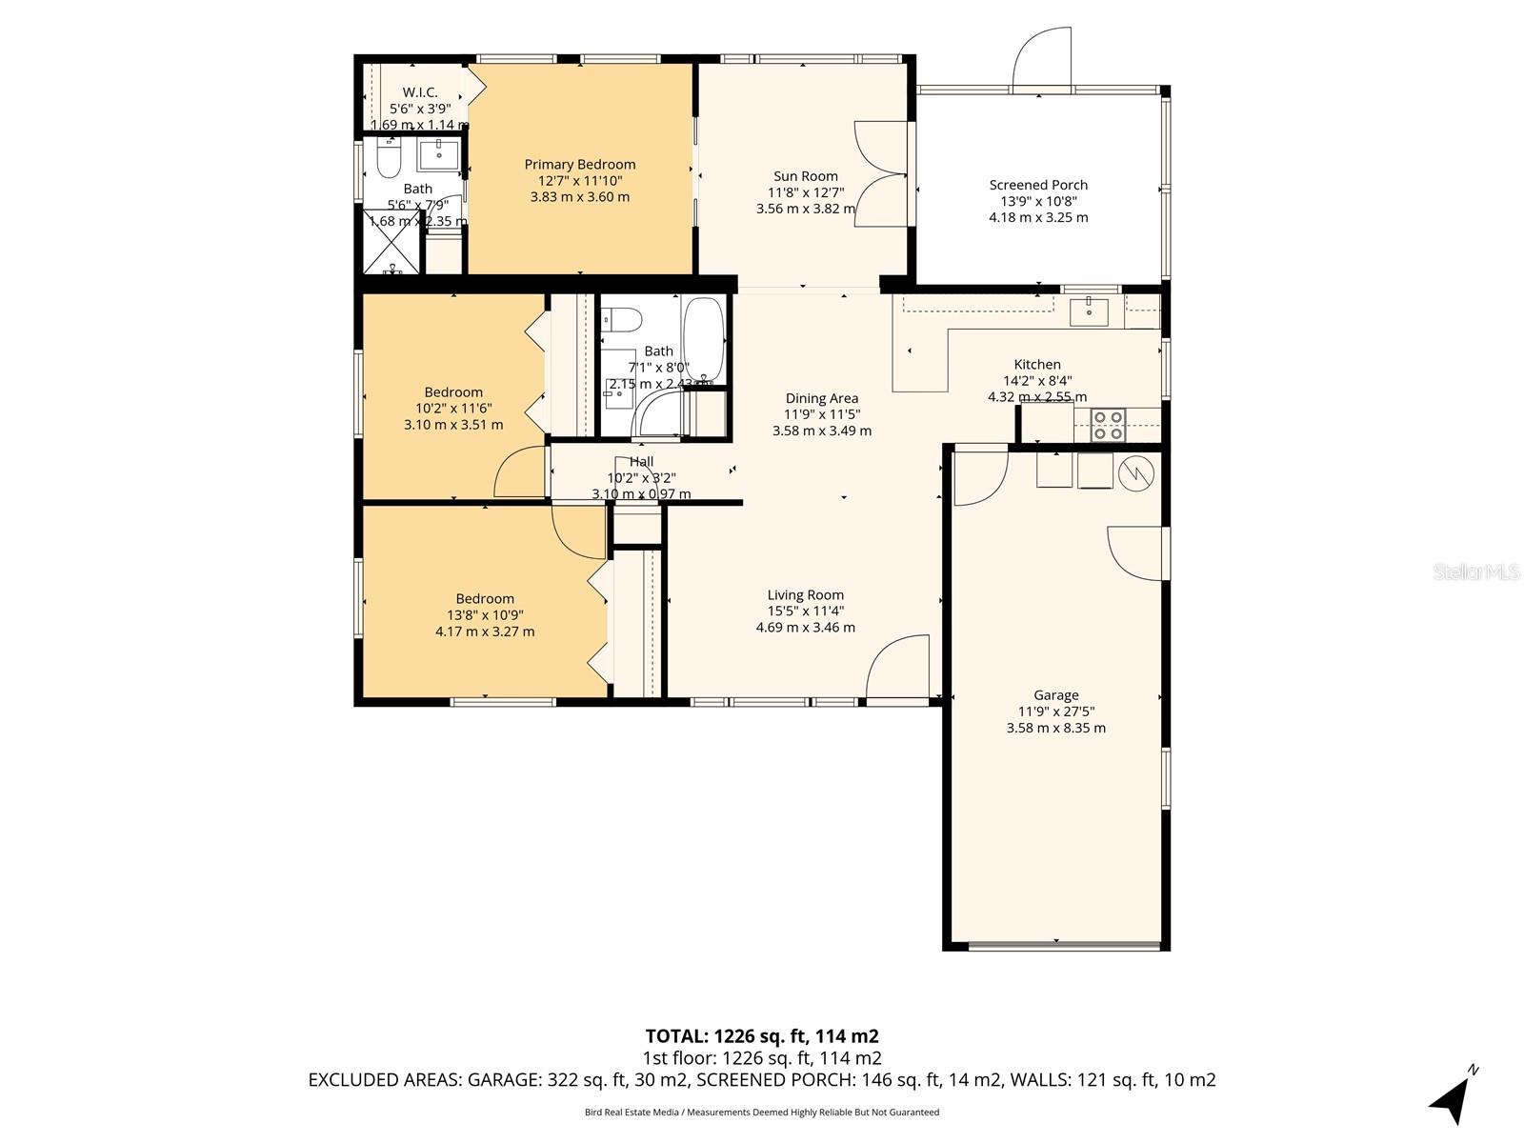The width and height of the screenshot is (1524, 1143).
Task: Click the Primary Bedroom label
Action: pos(579,165)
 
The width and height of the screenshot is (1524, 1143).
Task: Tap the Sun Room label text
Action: pos(805,176)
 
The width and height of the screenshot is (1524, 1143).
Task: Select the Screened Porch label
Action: pos(1038,185)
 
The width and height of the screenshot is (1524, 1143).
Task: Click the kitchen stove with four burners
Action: pos(1108,424)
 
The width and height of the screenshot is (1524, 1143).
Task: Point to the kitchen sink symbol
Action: pos(1088,311)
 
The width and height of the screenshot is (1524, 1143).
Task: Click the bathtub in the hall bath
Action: pos(704,339)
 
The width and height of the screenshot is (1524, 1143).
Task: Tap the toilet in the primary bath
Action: pos(388,161)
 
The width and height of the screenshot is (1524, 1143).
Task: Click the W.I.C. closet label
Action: pos(419,92)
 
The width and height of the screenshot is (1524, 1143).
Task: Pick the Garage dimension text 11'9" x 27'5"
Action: pos(1055,712)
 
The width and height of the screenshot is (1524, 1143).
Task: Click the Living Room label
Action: pos(805,595)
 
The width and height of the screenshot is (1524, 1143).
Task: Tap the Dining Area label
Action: pos(821,398)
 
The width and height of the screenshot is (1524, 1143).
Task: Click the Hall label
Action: pos(641,462)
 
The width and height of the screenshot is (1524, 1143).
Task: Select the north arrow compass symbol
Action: pos(1454,1096)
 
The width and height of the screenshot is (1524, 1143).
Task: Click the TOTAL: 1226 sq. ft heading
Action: pos(761,1036)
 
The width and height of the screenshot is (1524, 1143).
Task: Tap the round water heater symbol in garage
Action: pos(1135,473)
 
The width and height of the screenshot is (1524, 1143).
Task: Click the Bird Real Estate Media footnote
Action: pos(761,1112)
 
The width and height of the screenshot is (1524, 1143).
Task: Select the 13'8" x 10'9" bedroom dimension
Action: pos(484,615)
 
